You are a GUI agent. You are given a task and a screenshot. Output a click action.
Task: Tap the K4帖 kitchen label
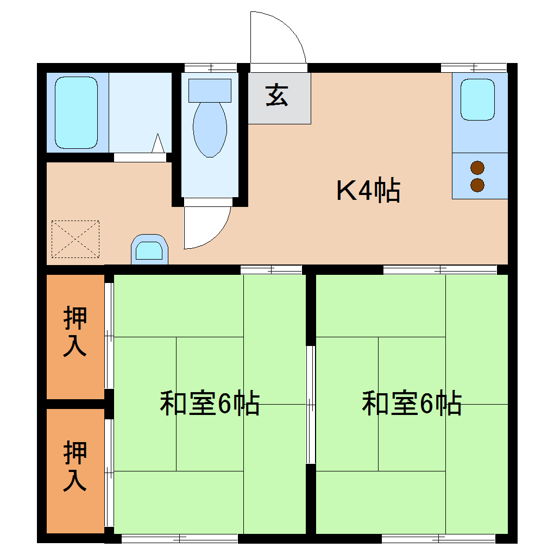[x=369, y=191]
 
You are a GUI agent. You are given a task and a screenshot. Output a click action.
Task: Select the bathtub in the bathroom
[x=77, y=112]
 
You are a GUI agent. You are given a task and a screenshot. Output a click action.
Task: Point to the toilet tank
[x=210, y=90]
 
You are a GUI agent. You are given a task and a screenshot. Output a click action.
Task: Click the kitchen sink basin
[x=478, y=100]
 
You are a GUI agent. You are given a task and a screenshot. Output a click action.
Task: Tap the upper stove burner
[x=477, y=168]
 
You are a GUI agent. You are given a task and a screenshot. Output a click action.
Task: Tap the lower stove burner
[x=477, y=185]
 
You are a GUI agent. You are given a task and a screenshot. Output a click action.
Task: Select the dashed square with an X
[x=75, y=239]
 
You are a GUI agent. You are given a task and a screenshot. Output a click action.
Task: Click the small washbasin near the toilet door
[x=149, y=250]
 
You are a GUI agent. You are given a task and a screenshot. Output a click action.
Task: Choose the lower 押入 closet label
[x=75, y=467]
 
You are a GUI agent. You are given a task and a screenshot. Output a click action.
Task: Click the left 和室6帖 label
[x=210, y=404]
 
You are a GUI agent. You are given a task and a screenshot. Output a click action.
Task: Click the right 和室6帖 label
[x=412, y=404]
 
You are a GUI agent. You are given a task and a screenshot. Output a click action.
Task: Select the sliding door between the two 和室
[x=311, y=405]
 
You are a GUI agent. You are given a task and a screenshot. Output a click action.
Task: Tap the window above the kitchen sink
[x=474, y=68]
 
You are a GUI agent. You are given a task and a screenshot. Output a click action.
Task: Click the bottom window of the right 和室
[x=439, y=539]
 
